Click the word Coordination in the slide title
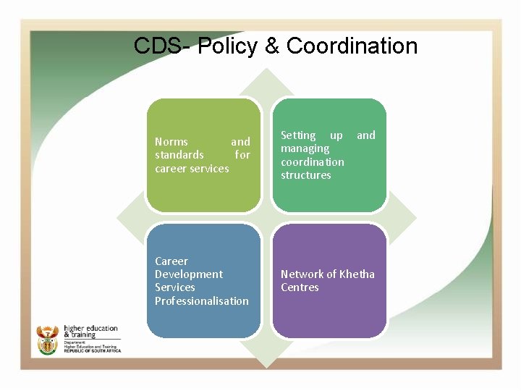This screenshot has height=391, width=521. point(352,46)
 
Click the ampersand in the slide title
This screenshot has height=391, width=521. point(272,46)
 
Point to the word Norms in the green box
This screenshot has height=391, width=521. point(171,142)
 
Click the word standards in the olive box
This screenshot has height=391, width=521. point(179,155)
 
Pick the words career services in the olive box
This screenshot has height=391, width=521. point(192,169)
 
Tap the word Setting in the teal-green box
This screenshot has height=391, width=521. point(298,135)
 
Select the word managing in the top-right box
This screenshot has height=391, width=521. point(305,148)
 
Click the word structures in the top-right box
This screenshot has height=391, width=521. point(305,175)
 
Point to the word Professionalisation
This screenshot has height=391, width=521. point(202,301)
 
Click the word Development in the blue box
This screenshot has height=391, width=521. point(189,274)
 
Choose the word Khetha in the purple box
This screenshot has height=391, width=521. point(357,274)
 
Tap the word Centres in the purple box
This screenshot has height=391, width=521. point(300,287)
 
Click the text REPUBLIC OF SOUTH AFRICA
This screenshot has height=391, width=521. point(92,351)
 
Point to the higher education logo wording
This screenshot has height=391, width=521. point(90,332)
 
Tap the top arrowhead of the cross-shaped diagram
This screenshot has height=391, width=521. point(266,81)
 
